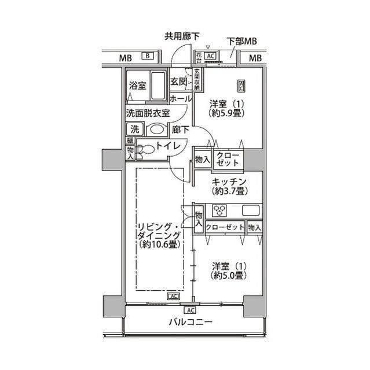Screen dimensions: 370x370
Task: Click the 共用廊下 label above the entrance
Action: click(182, 36)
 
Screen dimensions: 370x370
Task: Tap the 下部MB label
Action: click(241, 42)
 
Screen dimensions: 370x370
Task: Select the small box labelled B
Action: click(148, 55)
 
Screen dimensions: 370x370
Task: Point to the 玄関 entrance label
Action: click(178, 82)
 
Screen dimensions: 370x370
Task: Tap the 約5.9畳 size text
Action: click(225, 113)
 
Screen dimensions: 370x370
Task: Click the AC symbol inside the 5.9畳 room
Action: click(240, 86)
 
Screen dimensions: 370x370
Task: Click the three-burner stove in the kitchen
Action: click(219, 210)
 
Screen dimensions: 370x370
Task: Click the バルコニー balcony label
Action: click(191, 322)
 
